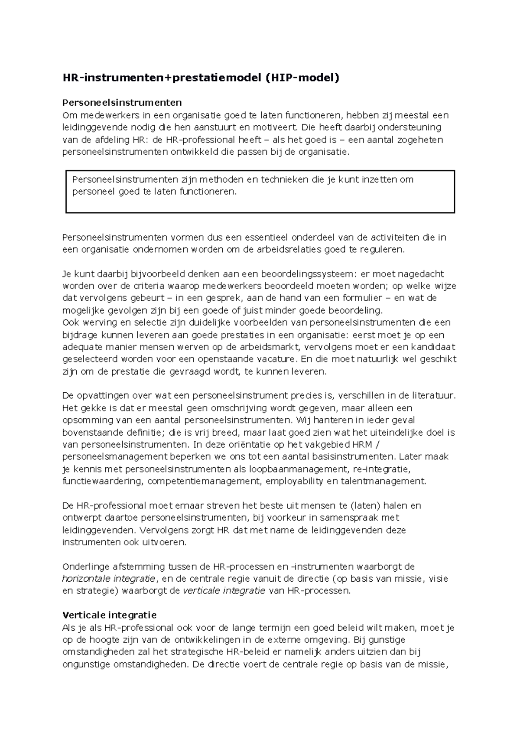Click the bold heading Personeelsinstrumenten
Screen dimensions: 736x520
coord(122,103)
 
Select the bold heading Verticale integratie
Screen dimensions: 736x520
coord(110,615)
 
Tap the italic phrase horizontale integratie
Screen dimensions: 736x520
coord(109,579)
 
